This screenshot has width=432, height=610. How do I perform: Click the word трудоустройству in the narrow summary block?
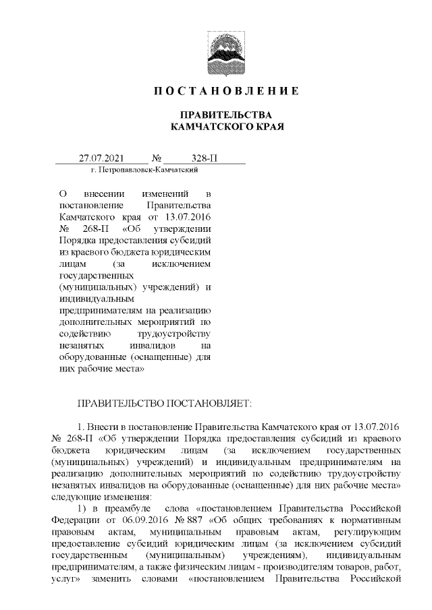175,333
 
